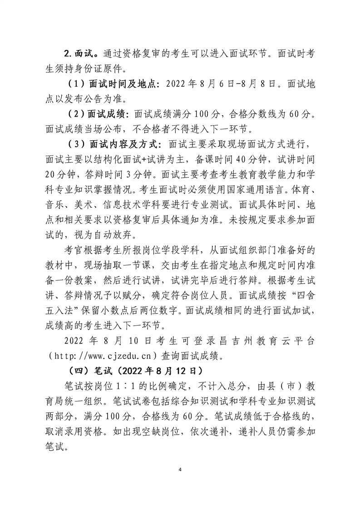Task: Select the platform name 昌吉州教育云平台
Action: click(251, 340)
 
